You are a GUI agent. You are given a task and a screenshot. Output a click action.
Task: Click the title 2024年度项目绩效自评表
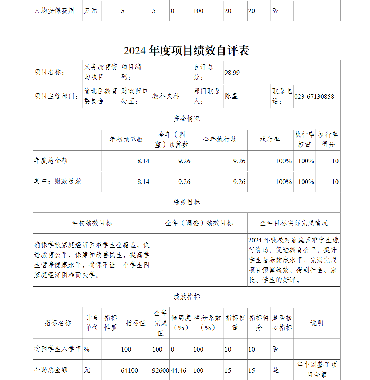186,50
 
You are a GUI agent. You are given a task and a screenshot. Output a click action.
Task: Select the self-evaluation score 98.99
232,73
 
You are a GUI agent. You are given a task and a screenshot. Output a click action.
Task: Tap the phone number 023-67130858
314,97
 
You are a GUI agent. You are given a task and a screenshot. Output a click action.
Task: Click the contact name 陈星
231,96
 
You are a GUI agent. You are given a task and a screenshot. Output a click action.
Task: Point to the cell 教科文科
166,96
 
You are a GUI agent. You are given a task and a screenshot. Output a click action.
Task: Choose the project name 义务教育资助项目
100,72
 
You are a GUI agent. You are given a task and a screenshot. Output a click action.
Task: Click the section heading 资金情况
186,119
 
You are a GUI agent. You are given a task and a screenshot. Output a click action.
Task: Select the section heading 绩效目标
186,202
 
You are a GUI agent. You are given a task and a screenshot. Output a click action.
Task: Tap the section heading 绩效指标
186,297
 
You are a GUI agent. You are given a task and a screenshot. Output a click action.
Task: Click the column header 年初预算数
126,139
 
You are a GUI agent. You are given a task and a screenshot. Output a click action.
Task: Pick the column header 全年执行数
220,139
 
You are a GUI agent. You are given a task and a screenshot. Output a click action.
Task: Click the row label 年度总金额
51,161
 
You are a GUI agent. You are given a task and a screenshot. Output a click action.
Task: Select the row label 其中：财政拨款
58,181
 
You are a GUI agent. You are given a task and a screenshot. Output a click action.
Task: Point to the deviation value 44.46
179,370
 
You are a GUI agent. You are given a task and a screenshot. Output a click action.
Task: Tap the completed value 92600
161,370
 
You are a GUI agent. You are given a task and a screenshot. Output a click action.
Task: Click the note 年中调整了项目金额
317,370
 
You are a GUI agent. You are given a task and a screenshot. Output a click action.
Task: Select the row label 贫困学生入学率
57,349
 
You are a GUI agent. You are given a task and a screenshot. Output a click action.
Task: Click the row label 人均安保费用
54,11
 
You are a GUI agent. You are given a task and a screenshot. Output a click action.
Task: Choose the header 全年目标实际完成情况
293,223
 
